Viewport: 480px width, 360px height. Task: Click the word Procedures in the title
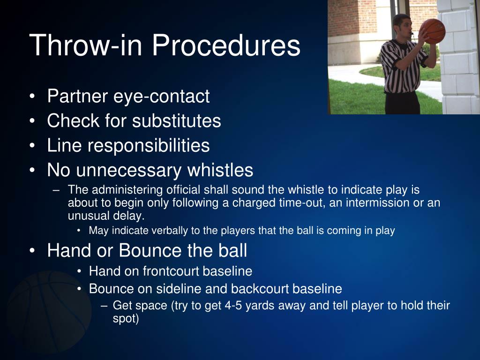(x=225, y=46)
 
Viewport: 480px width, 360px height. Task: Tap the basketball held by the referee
(x=433, y=31)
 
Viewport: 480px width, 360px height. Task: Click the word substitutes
(x=176, y=121)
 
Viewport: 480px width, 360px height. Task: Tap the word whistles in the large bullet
(x=220, y=170)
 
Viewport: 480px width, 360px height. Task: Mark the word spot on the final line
(x=126, y=319)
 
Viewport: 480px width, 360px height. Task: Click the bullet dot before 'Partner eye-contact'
(x=32, y=97)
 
